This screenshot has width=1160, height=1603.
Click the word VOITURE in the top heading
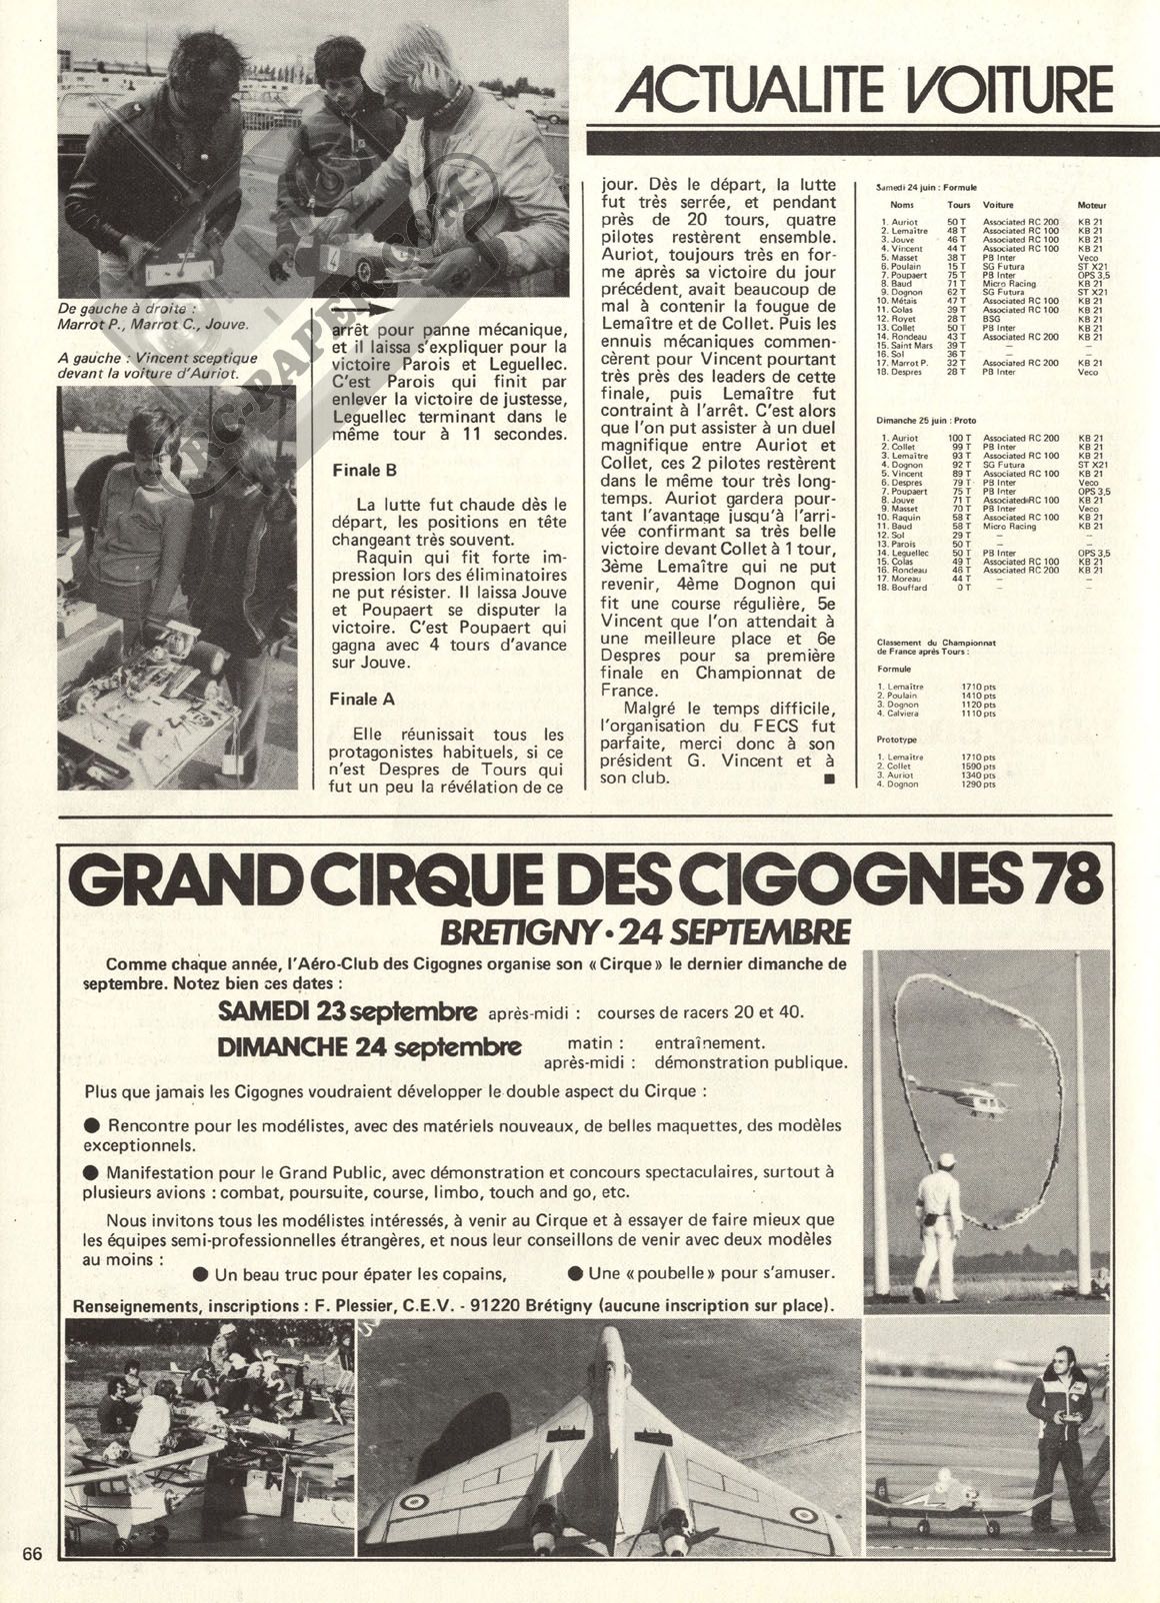click(x=1007, y=91)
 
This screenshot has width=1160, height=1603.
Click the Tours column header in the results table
click(x=958, y=205)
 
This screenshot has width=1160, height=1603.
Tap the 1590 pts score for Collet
click(x=978, y=767)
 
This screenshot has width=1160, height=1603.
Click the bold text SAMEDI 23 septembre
click(x=347, y=1011)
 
